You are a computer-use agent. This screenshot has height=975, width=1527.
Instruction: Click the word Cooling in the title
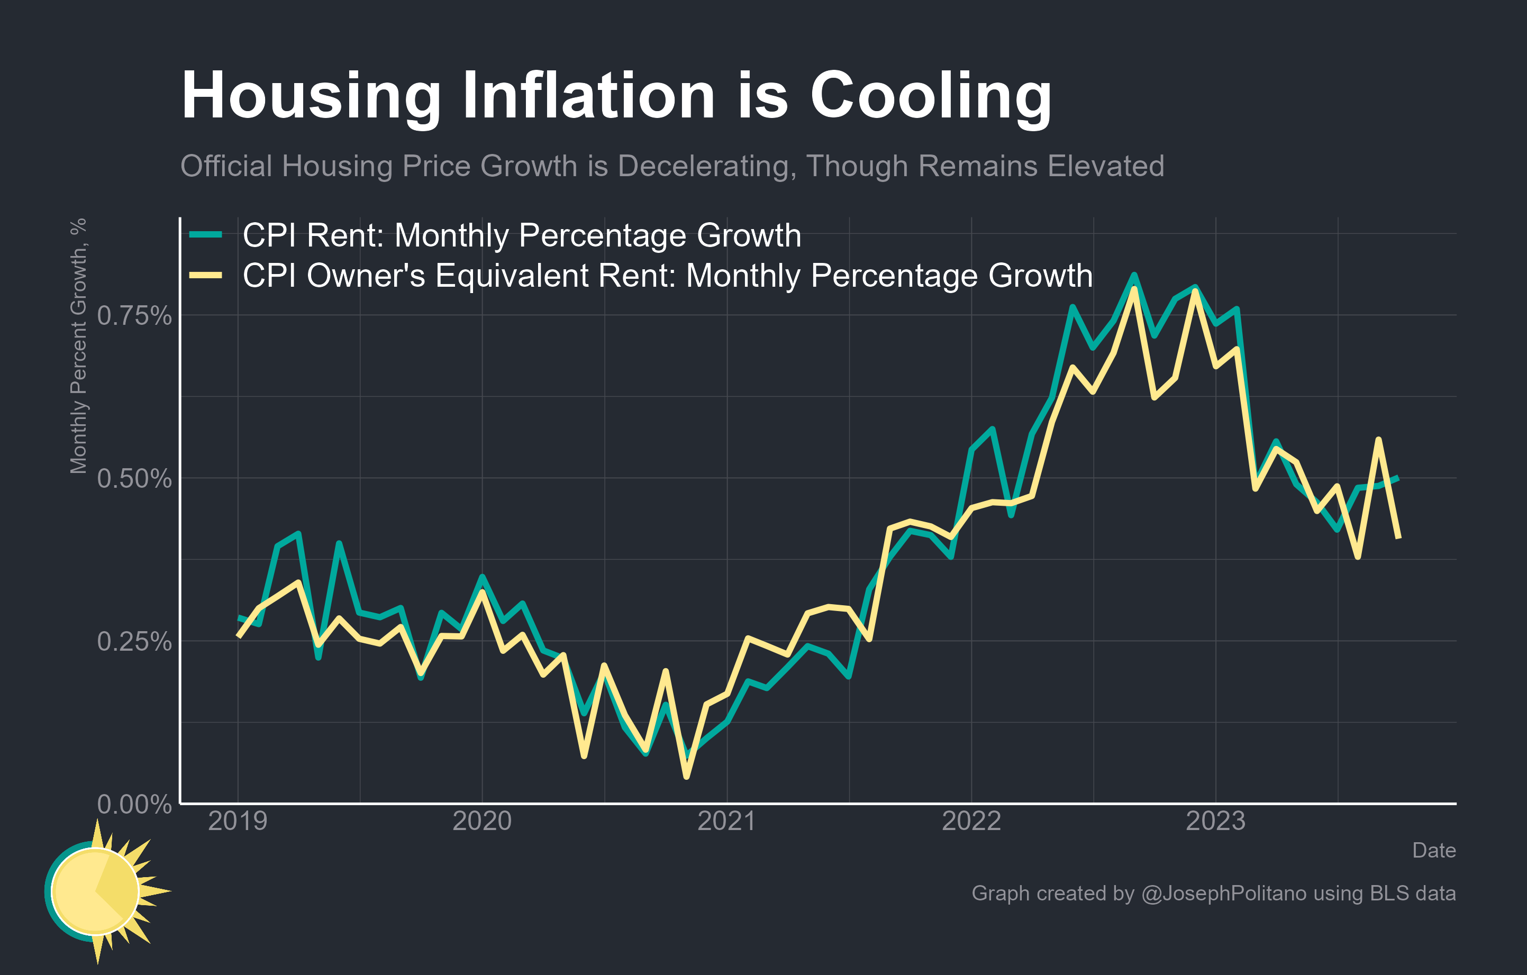[x=931, y=96]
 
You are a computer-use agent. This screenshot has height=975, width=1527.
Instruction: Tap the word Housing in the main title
[x=311, y=96]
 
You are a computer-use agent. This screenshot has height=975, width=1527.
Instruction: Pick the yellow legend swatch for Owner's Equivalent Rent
[x=205, y=275]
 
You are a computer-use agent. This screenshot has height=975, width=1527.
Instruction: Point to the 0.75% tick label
[x=134, y=316]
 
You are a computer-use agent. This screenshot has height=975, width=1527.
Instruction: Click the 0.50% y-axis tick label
[x=134, y=479]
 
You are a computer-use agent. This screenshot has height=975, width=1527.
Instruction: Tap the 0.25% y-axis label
[x=134, y=642]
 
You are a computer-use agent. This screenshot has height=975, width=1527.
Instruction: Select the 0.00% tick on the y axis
[x=134, y=805]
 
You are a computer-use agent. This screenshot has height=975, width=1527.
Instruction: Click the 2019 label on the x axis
[x=238, y=822]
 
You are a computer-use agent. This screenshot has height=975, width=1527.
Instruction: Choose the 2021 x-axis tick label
[x=726, y=822]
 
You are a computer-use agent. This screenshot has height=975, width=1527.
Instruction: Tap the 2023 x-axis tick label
[x=1216, y=822]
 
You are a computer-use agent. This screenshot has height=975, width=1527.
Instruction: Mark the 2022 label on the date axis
[x=971, y=822]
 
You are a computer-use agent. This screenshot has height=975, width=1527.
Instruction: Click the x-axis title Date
[x=1434, y=851]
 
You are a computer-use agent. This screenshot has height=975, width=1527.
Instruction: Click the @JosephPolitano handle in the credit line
[x=1223, y=893]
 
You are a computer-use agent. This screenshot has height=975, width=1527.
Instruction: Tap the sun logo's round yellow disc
[x=95, y=891]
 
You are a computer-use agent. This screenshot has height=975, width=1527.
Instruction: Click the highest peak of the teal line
[x=1134, y=275]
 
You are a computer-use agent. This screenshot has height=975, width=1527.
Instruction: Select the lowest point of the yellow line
[x=686, y=777]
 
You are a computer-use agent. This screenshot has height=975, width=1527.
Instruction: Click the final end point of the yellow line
[x=1399, y=538]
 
